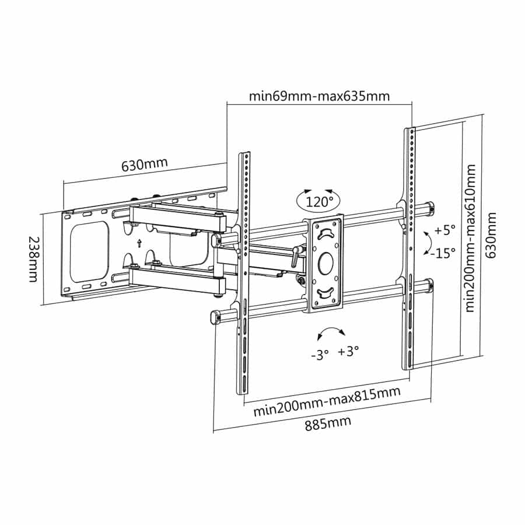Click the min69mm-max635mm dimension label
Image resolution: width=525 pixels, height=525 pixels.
click(x=318, y=96)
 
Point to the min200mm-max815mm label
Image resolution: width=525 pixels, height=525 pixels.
click(x=327, y=401)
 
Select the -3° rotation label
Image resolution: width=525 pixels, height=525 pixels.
click(x=320, y=353)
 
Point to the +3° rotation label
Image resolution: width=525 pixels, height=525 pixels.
click(x=348, y=351)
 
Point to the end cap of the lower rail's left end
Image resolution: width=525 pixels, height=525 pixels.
click(x=214, y=317)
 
